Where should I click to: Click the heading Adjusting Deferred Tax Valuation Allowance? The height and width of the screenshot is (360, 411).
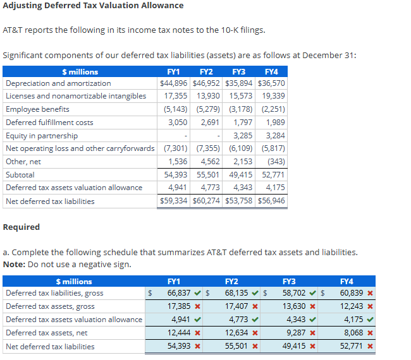tap(93, 6)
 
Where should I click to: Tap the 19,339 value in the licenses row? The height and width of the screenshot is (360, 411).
tap(273, 96)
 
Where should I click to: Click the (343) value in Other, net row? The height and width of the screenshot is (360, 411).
tap(276, 162)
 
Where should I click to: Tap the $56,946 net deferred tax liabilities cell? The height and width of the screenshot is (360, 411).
tap(271, 201)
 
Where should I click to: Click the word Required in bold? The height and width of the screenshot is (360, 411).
tap(21, 227)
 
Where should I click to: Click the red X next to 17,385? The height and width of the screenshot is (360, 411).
tap(197, 306)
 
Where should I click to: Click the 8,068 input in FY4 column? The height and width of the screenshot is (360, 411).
tap(351, 333)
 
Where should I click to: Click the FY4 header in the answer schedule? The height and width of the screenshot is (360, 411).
tap(347, 281)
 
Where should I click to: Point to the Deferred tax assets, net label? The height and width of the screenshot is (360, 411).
tap(46, 333)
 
